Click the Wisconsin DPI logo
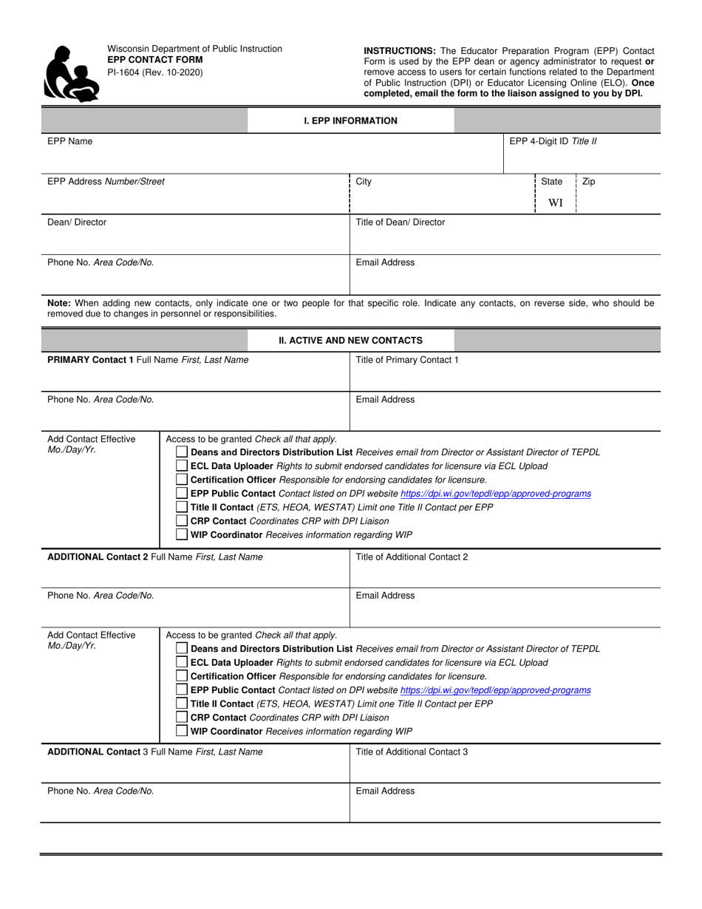pyautogui.click(x=72, y=73)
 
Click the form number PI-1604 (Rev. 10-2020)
pyautogui.click(x=154, y=72)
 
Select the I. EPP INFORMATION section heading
pyautogui.click(x=350, y=120)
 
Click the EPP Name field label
pyautogui.click(x=70, y=141)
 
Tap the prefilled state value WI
pyautogui.click(x=555, y=203)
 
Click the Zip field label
pyautogui.click(x=588, y=181)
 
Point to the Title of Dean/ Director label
pyautogui.click(x=400, y=222)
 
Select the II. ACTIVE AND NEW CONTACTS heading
pyautogui.click(x=350, y=341)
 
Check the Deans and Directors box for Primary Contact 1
pyautogui.click(x=182, y=452)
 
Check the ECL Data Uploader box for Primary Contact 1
pyautogui.click(x=182, y=466)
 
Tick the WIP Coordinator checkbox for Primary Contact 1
pyautogui.click(x=182, y=535)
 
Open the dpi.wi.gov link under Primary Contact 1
pyautogui.click(x=495, y=494)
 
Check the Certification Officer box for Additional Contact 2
pyautogui.click(x=182, y=676)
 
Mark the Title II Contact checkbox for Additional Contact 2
pyautogui.click(x=182, y=704)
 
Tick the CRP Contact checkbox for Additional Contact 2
pyautogui.click(x=182, y=718)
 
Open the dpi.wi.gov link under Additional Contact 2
pyautogui.click(x=495, y=690)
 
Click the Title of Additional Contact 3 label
pyautogui.click(x=412, y=752)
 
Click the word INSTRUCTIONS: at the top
pyautogui.click(x=399, y=51)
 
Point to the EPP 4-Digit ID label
pyautogui.click(x=553, y=141)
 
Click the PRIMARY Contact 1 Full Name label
pyautogui.click(x=148, y=360)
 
